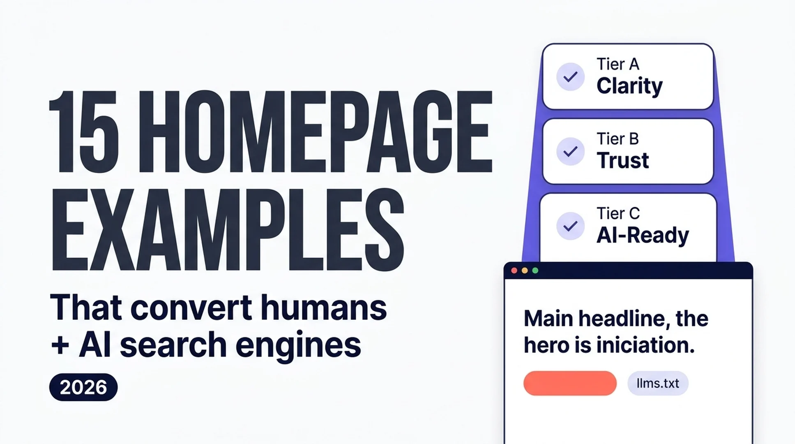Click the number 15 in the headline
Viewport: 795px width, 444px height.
[x=84, y=132]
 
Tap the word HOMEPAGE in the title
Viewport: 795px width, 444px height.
[x=316, y=132]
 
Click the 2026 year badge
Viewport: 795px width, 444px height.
[x=83, y=387]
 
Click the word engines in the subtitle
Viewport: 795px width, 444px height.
[x=299, y=346]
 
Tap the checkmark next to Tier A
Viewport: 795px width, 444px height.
[x=570, y=77]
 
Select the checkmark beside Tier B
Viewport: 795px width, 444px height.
[x=570, y=152]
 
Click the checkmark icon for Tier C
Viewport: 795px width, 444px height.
[x=570, y=226]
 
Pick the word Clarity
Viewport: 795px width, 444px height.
[x=629, y=86]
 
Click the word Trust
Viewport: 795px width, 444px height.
[x=622, y=160]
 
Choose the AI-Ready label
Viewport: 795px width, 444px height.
[x=643, y=235]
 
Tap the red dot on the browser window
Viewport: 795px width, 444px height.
[x=514, y=271]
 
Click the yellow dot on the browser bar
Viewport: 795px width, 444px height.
[x=525, y=271]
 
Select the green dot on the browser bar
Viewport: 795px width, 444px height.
[x=535, y=271]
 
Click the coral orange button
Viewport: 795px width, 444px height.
[x=570, y=383]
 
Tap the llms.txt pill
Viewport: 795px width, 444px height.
[x=658, y=383]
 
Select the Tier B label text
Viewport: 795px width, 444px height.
[x=618, y=139]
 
